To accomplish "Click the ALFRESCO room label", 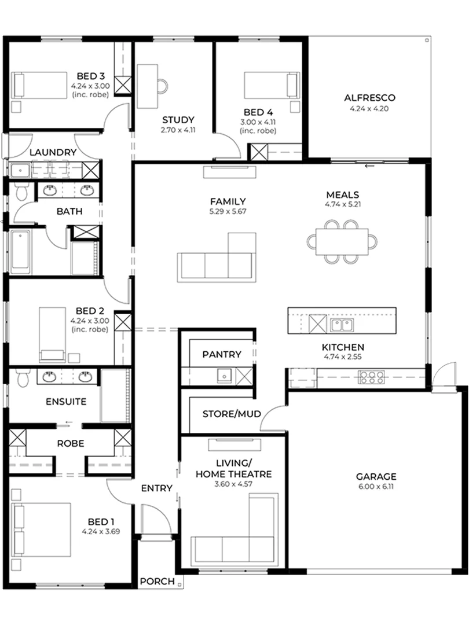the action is [x=369, y=98].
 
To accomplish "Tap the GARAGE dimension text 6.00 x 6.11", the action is [x=376, y=486].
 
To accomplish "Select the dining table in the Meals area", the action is [x=342, y=241].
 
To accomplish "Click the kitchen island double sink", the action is [x=342, y=325].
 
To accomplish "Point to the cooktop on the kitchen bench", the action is [x=371, y=377].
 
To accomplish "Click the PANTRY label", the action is [x=222, y=354].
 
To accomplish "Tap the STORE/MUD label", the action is [x=232, y=414].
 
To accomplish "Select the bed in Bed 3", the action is [x=39, y=85].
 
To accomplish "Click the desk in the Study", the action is [x=147, y=86].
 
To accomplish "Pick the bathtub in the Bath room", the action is [x=20, y=252].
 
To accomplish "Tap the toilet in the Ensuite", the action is [x=23, y=377].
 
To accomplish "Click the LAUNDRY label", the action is [x=53, y=152].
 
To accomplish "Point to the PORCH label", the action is [x=157, y=582].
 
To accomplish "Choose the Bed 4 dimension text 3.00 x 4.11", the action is [x=258, y=122].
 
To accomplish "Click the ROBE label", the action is [x=71, y=443].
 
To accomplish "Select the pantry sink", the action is [x=224, y=376].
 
